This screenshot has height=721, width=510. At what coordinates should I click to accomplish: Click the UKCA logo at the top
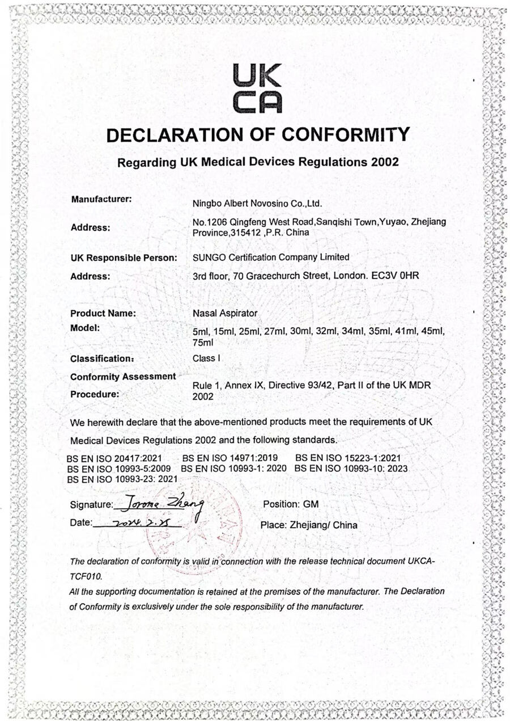(257, 88)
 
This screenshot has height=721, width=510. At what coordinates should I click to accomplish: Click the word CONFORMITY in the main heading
(346, 134)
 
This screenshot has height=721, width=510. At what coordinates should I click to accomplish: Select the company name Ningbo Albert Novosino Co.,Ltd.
(258, 203)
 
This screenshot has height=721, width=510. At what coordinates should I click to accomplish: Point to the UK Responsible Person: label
(124, 258)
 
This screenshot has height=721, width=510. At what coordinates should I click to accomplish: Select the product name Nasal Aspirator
(225, 313)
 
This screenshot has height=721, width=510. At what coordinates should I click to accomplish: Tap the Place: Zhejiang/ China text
(309, 525)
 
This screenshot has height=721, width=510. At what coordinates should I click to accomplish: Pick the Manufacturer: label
(102, 199)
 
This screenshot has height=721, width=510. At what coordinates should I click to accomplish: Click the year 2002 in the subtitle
(385, 162)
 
